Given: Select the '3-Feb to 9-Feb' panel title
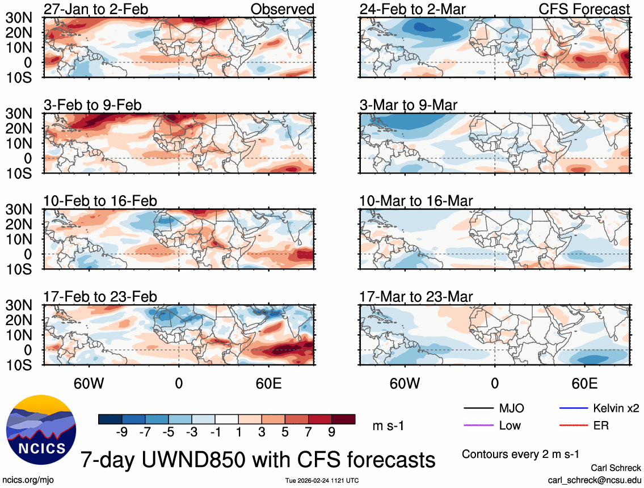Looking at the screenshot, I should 92,105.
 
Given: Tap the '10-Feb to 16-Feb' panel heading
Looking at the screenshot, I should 100,201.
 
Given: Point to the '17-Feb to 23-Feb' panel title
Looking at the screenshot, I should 100,297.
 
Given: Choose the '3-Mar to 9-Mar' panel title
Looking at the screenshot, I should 409,105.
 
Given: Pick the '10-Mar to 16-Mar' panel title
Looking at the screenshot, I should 416,201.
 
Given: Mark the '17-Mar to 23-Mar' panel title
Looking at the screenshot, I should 416,297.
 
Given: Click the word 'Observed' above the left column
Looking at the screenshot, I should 282,9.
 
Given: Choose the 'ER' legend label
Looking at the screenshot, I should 601,425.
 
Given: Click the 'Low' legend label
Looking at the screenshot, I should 510,425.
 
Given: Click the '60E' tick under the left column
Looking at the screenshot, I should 268,383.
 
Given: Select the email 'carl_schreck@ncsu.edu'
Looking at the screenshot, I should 594,479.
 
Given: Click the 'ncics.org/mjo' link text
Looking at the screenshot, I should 27,479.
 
